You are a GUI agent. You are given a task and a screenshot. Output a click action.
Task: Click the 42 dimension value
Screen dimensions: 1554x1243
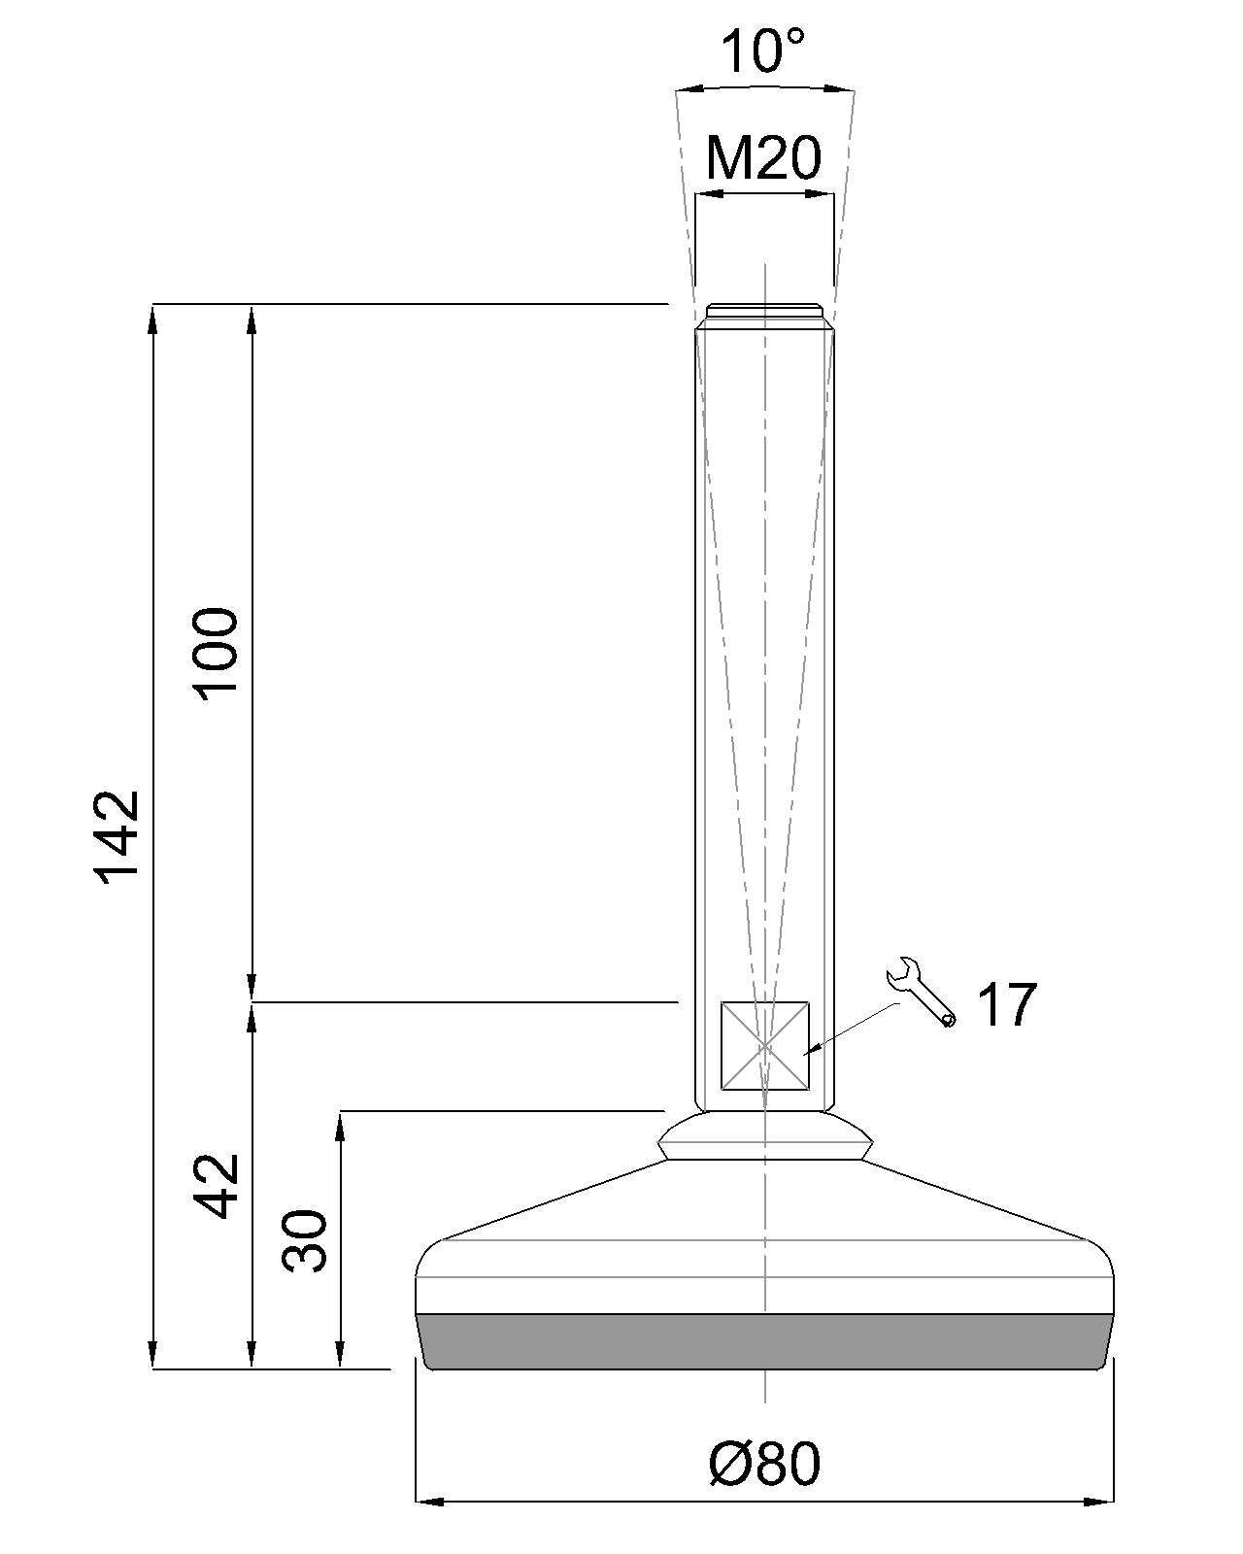click(216, 1185)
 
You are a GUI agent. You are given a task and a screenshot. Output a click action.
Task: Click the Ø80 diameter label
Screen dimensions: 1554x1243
click(764, 1464)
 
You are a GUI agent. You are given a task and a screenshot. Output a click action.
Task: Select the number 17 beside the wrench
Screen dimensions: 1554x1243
click(1006, 1004)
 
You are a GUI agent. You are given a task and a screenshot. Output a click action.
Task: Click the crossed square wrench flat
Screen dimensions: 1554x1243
click(764, 1045)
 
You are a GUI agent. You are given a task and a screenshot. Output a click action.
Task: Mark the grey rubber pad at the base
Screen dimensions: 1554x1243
click(764, 1341)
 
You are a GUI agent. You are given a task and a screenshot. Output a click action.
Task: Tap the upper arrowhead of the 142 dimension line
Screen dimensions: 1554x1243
click(153, 316)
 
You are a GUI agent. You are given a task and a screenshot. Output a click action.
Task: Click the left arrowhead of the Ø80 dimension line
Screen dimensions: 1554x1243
click(427, 1502)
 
